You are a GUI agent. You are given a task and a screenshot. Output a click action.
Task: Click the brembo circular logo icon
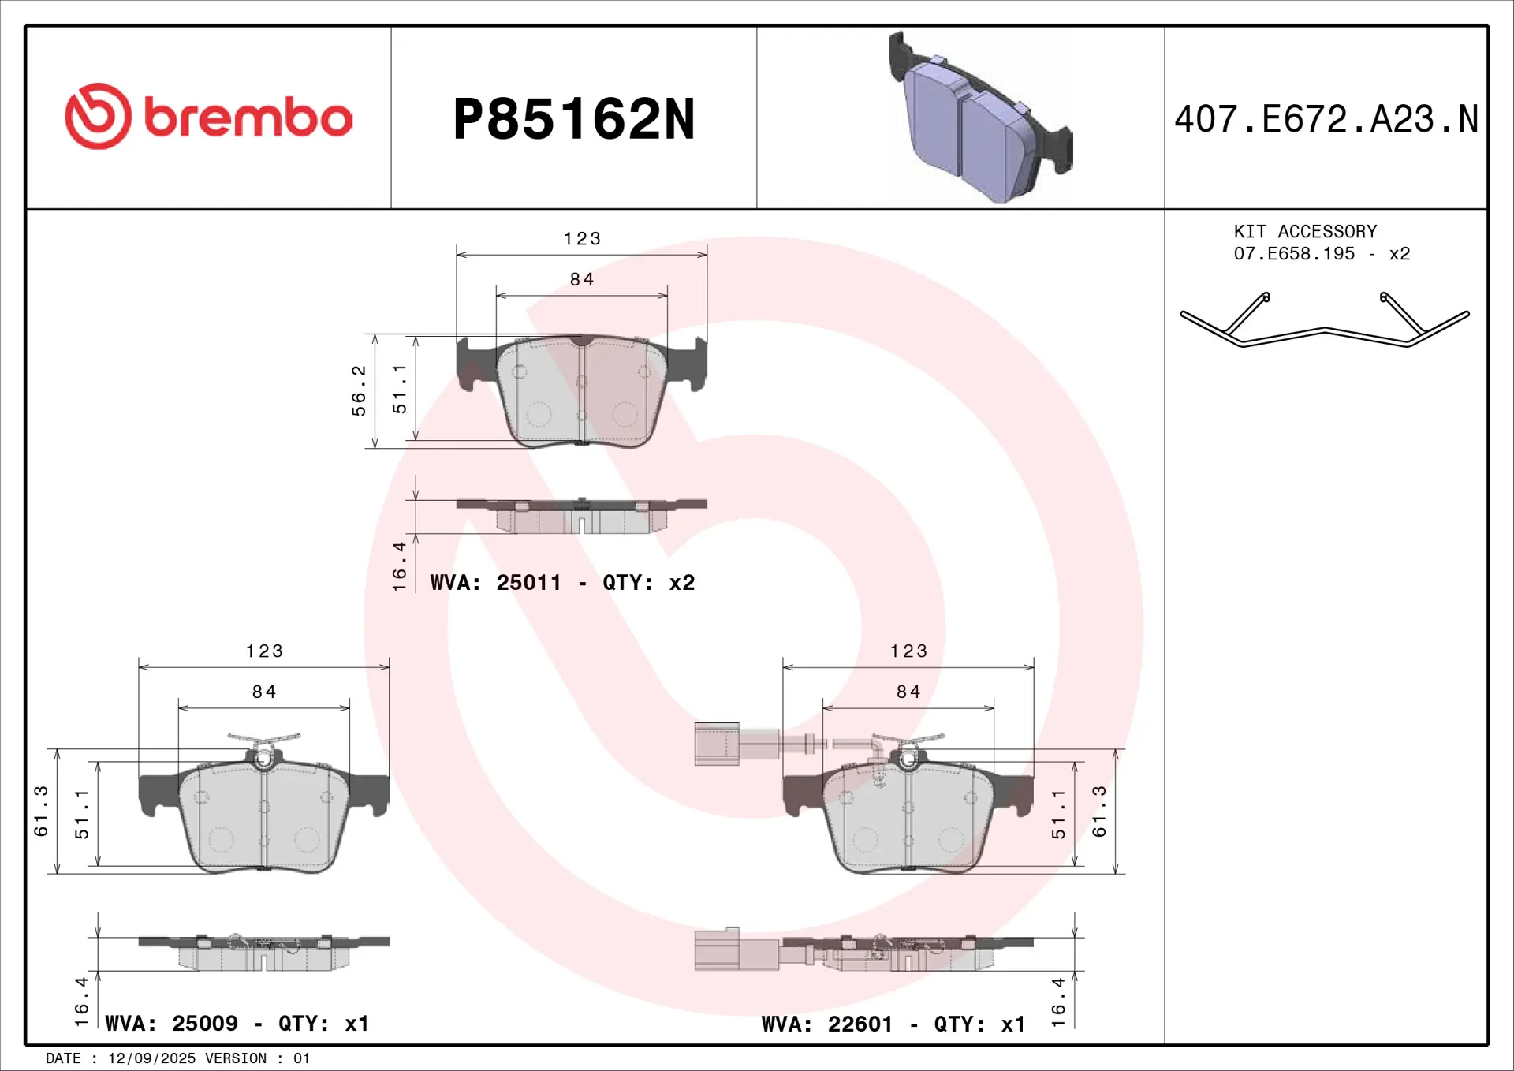pyautogui.click(x=98, y=117)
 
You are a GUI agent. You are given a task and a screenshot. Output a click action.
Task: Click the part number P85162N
pyautogui.click(x=574, y=119)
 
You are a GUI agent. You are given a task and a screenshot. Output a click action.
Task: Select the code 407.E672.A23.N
pyautogui.click(x=1326, y=120)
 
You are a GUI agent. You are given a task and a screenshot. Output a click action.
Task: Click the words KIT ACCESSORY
pyautogui.click(x=1305, y=232)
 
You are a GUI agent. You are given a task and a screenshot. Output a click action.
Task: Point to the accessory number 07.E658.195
pyautogui.click(x=1294, y=254)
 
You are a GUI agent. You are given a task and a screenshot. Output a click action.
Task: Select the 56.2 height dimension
pyautogui.click(x=359, y=390)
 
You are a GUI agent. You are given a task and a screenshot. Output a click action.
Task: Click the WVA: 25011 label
pyautogui.click(x=495, y=583)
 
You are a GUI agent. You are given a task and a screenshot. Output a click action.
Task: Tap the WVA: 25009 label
pyautogui.click(x=172, y=1024)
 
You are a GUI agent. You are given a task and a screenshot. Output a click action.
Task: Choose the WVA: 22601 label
pyautogui.click(x=827, y=1024)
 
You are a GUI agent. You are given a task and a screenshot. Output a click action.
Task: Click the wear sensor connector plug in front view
pyautogui.click(x=716, y=744)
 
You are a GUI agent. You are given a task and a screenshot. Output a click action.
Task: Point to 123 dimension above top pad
pyautogui.click(x=582, y=239)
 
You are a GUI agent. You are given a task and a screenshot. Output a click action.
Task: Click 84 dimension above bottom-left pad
pyautogui.click(x=264, y=692)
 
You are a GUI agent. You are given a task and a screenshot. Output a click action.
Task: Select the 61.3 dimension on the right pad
pyautogui.click(x=1099, y=811)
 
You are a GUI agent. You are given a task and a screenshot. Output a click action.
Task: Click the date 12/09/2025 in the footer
pyautogui.click(x=151, y=1058)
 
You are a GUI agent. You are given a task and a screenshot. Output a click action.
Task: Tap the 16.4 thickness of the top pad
pyautogui.click(x=400, y=565)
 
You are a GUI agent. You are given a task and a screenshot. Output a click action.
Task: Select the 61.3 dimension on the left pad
pyautogui.click(x=41, y=811)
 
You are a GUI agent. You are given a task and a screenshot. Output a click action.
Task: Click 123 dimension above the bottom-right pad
pyautogui.click(x=908, y=651)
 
